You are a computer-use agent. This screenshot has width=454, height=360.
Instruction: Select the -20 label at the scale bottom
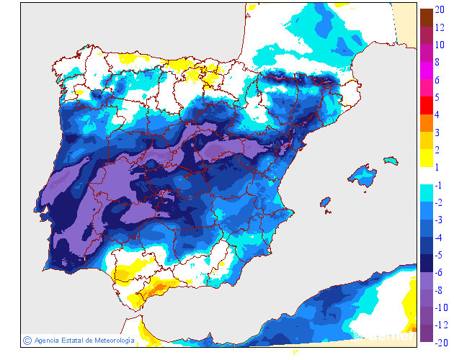click(x=442, y=343)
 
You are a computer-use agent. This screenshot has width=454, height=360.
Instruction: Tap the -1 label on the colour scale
click(x=439, y=185)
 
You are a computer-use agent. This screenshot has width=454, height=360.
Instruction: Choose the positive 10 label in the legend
click(x=440, y=45)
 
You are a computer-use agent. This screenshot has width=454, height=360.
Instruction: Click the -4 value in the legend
click(x=439, y=238)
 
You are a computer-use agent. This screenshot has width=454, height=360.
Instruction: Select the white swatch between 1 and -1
click(x=426, y=175)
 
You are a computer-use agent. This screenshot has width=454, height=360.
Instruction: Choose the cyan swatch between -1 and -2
click(x=426, y=192)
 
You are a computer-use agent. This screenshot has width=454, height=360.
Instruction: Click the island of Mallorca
click(x=363, y=176)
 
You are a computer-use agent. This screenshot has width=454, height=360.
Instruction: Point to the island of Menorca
click(x=391, y=160)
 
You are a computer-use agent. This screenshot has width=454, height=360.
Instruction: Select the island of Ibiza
click(x=325, y=204)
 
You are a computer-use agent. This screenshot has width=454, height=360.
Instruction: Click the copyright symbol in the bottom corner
click(x=27, y=340)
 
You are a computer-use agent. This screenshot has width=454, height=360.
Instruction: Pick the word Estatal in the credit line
click(x=74, y=340)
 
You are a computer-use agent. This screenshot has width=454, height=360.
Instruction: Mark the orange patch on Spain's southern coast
click(x=155, y=289)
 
